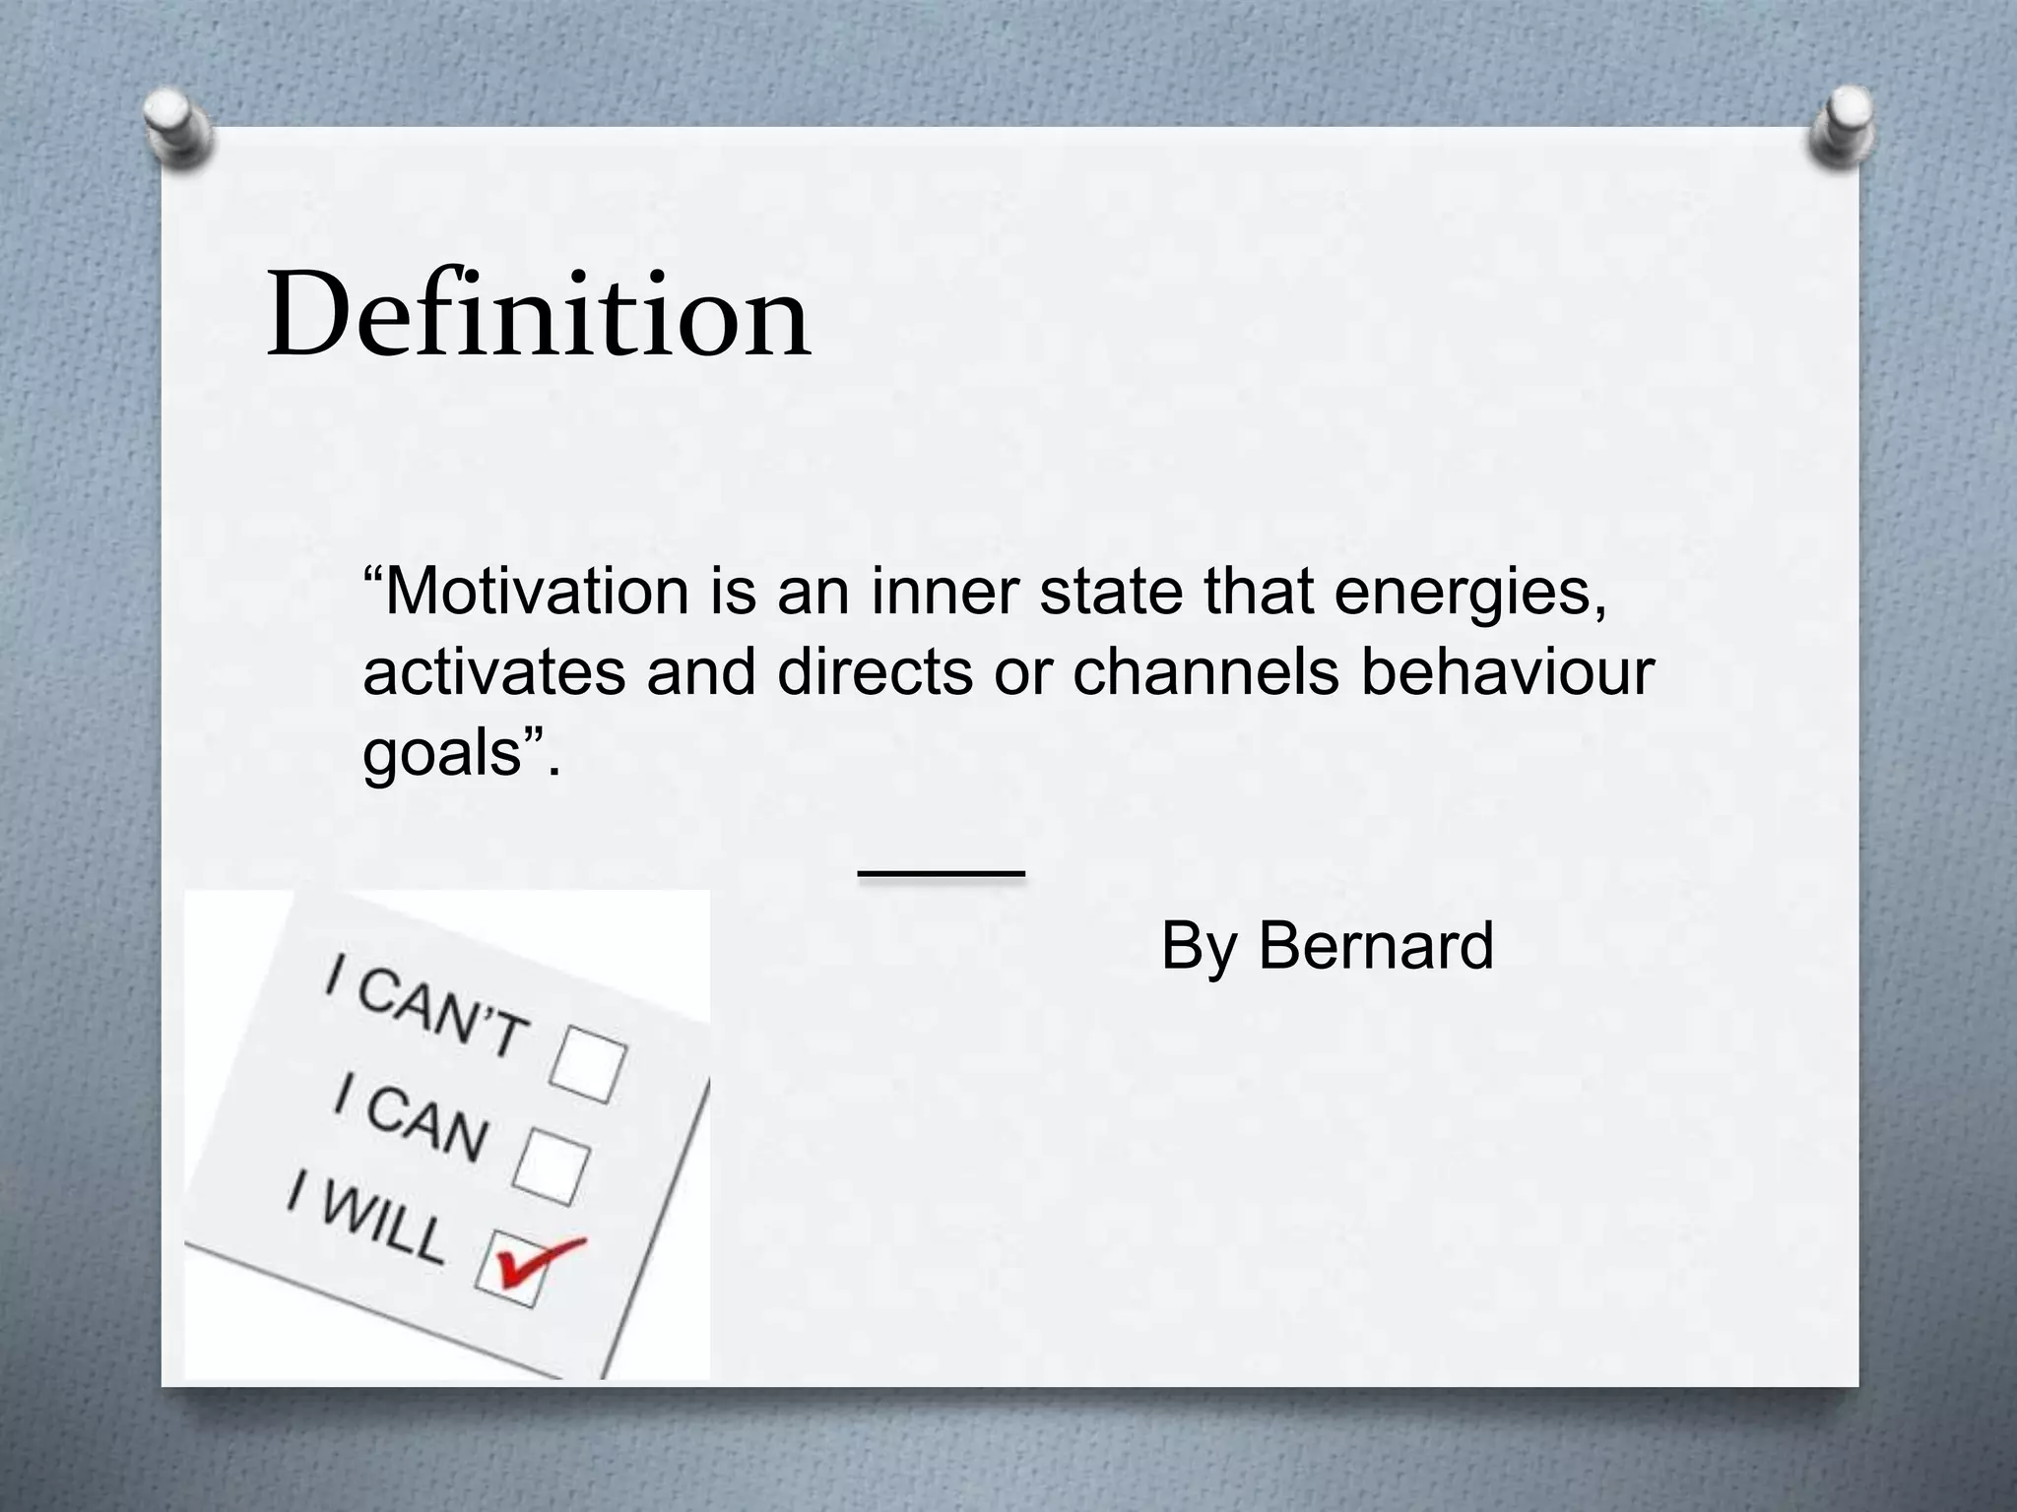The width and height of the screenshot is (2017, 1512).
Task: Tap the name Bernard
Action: click(1376, 946)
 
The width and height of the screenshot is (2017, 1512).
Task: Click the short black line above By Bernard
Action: click(942, 872)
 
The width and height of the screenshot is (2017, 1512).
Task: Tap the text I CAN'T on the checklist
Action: click(425, 1009)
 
